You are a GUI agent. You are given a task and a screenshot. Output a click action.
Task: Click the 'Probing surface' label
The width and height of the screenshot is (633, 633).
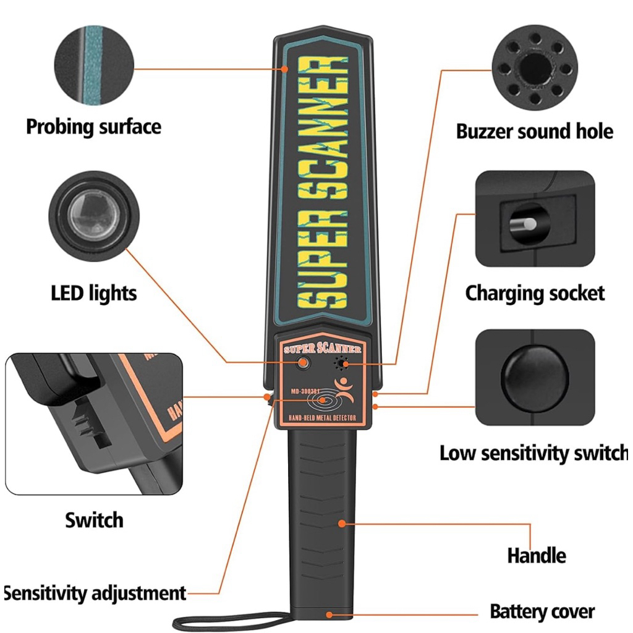[93, 127]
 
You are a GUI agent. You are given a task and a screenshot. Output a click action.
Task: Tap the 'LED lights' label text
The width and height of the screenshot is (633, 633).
[94, 292]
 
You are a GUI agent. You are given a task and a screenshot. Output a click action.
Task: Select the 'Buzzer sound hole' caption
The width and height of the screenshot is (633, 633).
[534, 132]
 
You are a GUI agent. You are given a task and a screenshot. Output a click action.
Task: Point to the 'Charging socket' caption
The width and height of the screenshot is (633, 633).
[535, 292]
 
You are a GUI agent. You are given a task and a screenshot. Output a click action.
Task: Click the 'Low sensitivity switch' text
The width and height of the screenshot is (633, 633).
[533, 453]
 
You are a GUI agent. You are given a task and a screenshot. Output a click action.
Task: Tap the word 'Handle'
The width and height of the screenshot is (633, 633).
[536, 555]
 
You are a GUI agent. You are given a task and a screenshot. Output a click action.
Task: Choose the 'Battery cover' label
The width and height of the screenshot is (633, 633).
[542, 612]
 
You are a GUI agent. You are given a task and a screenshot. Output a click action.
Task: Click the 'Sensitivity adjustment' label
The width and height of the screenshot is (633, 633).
[95, 593]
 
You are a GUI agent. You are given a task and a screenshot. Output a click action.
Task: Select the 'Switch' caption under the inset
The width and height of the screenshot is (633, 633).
[94, 520]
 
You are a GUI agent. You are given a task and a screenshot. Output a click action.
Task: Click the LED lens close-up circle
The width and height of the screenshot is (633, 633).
[94, 216]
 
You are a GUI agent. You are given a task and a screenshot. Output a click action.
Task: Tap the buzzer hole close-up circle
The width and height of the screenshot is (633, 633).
[535, 68]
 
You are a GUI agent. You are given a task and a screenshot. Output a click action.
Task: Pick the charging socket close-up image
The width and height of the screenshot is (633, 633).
[535, 219]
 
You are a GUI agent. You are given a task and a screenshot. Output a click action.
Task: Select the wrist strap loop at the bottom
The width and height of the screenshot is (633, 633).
[229, 621]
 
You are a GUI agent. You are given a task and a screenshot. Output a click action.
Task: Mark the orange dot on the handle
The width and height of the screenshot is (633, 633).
[341, 524]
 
